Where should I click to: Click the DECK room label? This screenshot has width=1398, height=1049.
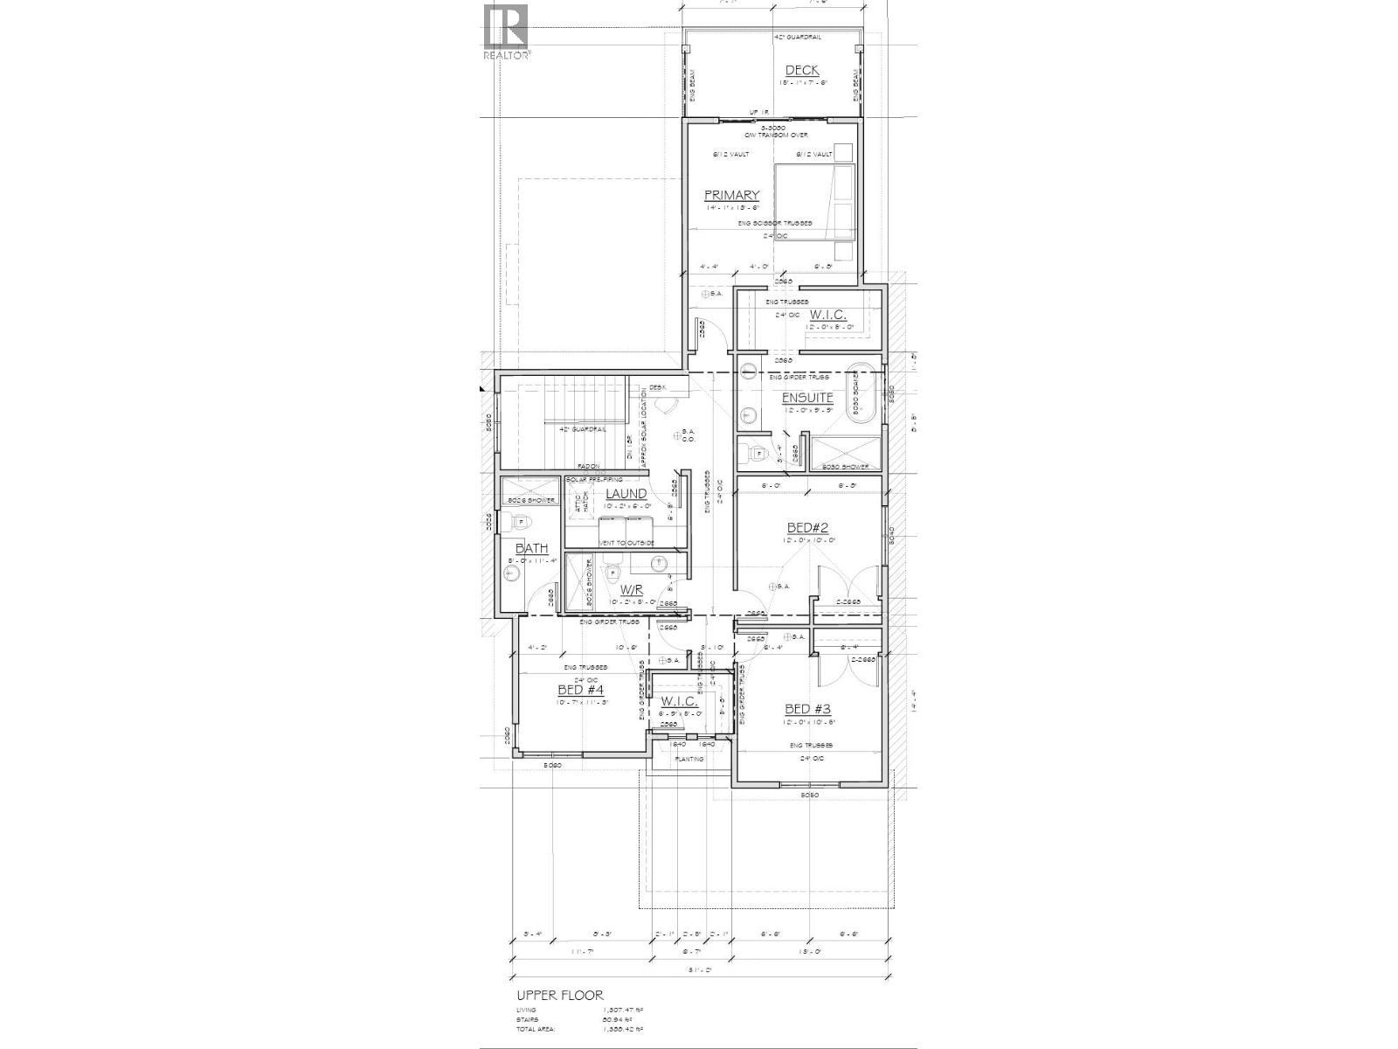click(x=801, y=71)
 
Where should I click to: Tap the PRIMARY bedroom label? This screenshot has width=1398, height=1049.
click(x=732, y=195)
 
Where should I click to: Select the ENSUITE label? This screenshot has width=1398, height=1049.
click(x=807, y=398)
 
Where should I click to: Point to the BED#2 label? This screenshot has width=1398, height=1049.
click(x=807, y=527)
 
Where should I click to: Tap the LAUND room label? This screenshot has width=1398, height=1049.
click(x=626, y=494)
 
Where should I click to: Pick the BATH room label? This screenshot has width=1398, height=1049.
click(x=531, y=548)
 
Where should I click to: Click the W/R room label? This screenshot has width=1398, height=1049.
click(x=632, y=590)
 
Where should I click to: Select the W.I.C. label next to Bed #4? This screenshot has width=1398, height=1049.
click(x=679, y=701)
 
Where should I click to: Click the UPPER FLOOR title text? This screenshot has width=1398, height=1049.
click(x=559, y=996)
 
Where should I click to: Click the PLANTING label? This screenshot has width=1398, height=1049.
click(x=689, y=759)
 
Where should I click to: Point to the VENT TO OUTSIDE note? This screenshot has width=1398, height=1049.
click(x=626, y=543)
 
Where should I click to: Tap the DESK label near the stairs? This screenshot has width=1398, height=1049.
click(x=657, y=387)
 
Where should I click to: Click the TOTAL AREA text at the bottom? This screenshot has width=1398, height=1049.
click(x=537, y=1030)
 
